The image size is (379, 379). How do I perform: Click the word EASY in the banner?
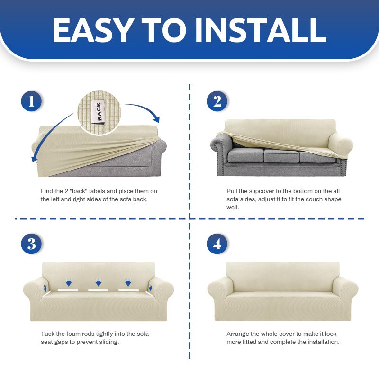pyautogui.click(x=93, y=30)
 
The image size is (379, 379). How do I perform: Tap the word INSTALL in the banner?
pyautogui.click(x=261, y=30)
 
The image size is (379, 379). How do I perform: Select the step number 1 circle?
pyautogui.click(x=31, y=101)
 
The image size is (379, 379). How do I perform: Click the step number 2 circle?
pyautogui.click(x=217, y=101)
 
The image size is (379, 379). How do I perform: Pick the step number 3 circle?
pyautogui.click(x=31, y=244)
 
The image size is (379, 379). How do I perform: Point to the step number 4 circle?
pyautogui.click(x=217, y=244)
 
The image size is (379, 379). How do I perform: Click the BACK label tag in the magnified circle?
pyautogui.click(x=99, y=112)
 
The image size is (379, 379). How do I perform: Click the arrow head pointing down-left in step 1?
pyautogui.click(x=35, y=158)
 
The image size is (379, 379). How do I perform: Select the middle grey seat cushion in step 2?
pyautogui.click(x=281, y=155)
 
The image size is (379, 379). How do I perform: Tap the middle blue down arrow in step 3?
pyautogui.click(x=99, y=282)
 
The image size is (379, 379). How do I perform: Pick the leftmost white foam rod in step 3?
pyautogui.click(x=68, y=290)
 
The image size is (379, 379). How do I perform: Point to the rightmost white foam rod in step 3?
pyautogui.click(x=128, y=290)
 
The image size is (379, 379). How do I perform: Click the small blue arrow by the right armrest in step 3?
pyautogui.click(x=150, y=288)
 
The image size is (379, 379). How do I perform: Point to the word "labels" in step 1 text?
pyautogui.click(x=97, y=191)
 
